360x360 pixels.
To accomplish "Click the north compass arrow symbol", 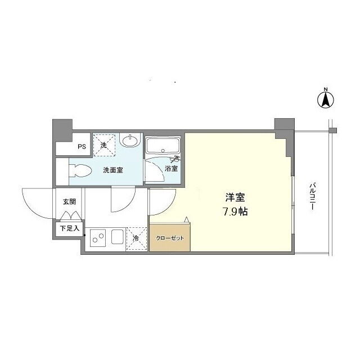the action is pyautogui.click(x=326, y=100).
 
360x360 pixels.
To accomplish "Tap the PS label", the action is pyautogui.click(x=82, y=146).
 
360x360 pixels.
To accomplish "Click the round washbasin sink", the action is pyautogui.click(x=130, y=140).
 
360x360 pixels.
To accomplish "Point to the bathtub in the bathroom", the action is pyautogui.click(x=163, y=146).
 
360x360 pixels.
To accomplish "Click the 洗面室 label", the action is pyautogui.click(x=113, y=170).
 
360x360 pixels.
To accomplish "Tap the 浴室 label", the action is pyautogui.click(x=171, y=169).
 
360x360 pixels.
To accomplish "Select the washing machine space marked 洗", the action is pyautogui.click(x=104, y=145).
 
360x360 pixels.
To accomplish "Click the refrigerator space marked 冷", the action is pyautogui.click(x=136, y=238).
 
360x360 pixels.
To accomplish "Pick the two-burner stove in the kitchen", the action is pyautogui.click(x=98, y=238).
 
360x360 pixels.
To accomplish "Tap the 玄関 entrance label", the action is pyautogui.click(x=69, y=202).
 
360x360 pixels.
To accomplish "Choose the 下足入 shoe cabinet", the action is pyautogui.click(x=70, y=228).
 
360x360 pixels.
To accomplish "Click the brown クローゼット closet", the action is pyautogui.click(x=170, y=237).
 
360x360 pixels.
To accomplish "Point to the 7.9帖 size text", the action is pyautogui.click(x=236, y=211).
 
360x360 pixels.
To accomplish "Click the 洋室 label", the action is pyautogui.click(x=235, y=197).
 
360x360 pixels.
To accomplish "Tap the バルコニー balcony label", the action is pyautogui.click(x=312, y=196).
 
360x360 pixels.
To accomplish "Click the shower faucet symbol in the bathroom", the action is pyautogui.click(x=175, y=159).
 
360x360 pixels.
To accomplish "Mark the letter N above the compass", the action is pyautogui.click(x=326, y=89).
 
